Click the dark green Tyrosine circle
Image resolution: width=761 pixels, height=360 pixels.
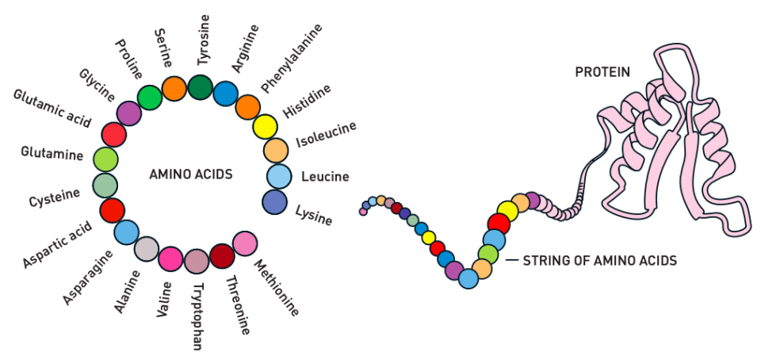[x=200, y=86]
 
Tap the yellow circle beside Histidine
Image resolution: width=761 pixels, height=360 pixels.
[x=265, y=127]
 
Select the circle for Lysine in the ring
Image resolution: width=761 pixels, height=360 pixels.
[x=274, y=201]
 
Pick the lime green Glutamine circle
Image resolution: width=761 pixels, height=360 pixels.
[x=105, y=159]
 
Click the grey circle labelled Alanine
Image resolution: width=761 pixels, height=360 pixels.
[x=147, y=249]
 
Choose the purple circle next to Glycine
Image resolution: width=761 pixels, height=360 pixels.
[x=128, y=113]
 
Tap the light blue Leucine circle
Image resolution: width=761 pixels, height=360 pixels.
[x=279, y=176]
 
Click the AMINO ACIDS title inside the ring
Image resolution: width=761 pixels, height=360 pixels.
[x=191, y=174]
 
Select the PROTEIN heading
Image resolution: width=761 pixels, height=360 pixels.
[x=602, y=72]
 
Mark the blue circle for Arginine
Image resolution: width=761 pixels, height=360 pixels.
[x=225, y=94]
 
